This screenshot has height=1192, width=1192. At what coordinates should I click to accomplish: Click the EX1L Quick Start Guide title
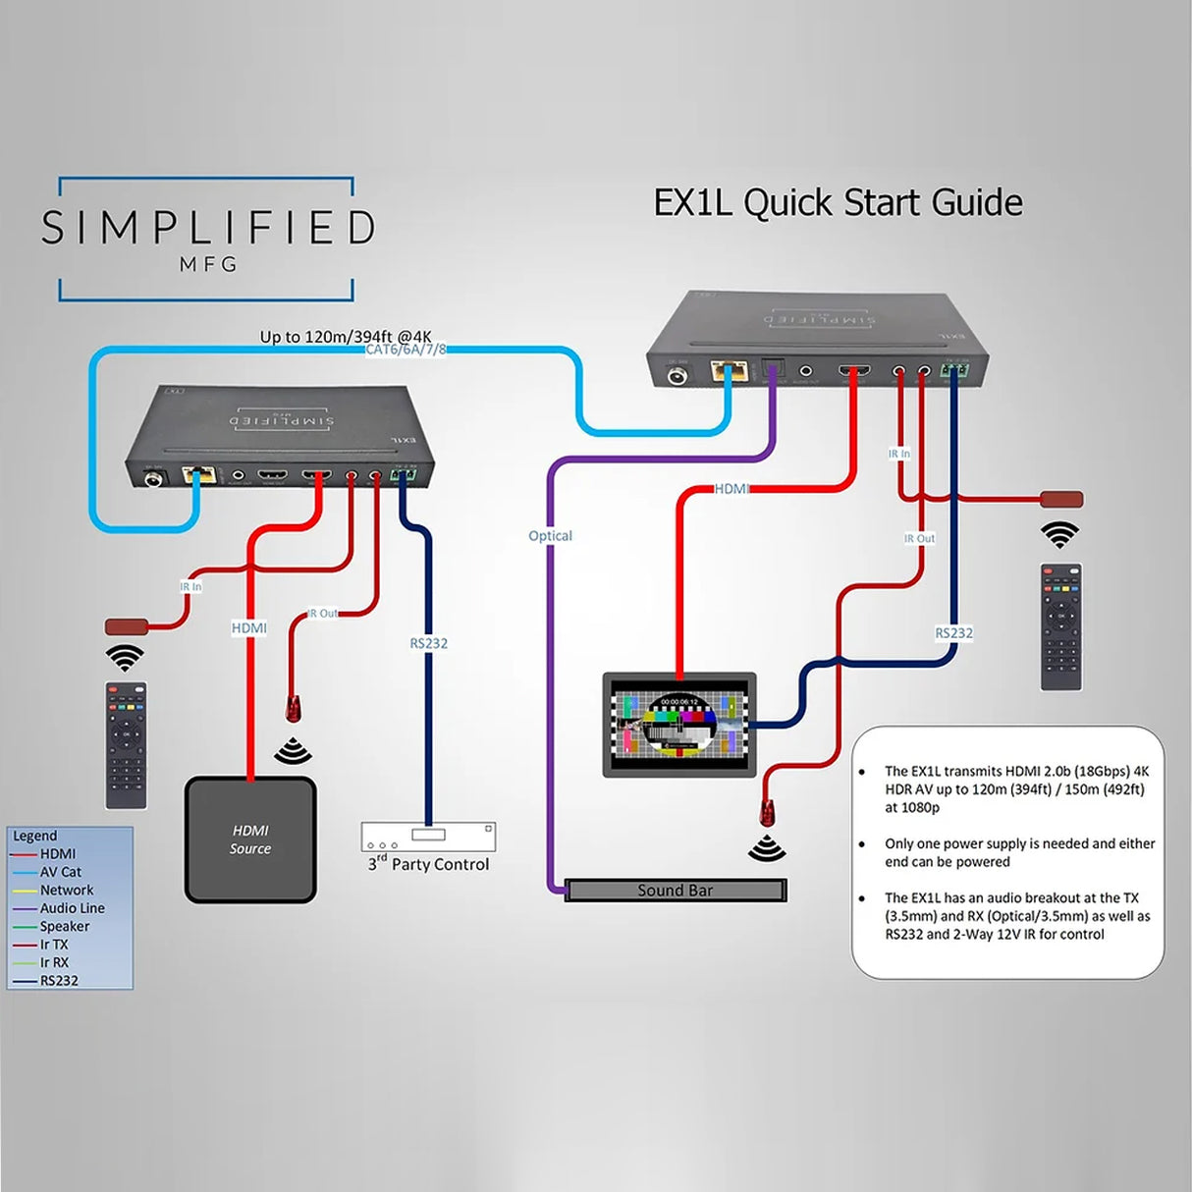838,203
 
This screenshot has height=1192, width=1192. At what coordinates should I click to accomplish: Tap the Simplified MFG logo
207,239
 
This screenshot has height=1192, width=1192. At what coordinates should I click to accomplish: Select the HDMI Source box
250,840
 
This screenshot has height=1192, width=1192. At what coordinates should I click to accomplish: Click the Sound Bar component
676,891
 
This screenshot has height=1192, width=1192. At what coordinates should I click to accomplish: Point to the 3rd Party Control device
428,838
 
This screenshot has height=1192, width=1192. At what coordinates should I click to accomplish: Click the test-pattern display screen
678,725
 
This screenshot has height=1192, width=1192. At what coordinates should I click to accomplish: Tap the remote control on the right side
1060,626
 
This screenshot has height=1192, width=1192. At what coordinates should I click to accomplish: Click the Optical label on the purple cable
550,536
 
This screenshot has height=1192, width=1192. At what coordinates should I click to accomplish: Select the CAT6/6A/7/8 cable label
406,350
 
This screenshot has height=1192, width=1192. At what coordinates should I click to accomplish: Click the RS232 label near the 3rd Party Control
428,643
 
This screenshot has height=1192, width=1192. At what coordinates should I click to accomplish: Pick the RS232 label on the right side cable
953,633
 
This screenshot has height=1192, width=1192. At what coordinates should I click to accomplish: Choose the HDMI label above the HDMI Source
248,628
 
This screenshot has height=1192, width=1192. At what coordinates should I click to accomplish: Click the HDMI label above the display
731,489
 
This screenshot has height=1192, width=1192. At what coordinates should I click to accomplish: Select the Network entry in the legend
66,890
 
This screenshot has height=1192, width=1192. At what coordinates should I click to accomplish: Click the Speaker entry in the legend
64,926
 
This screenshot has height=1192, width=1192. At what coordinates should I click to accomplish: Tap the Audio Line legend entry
72,908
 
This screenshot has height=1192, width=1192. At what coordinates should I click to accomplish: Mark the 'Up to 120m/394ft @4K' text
346,336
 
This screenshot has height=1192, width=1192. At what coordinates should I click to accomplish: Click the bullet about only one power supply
1018,852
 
